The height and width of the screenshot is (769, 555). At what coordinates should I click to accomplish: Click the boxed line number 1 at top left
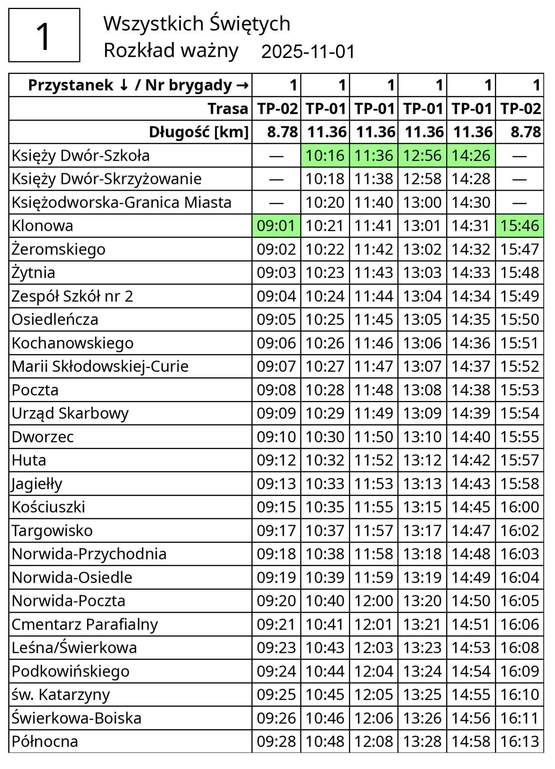tap(44, 35)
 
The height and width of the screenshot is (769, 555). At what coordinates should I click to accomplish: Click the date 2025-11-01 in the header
tap(308, 51)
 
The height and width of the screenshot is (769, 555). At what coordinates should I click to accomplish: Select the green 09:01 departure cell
tap(276, 226)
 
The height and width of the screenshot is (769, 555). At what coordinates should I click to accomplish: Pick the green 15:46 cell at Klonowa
tap(520, 226)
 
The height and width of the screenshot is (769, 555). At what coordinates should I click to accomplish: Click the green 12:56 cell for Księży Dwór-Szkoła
tap(422, 155)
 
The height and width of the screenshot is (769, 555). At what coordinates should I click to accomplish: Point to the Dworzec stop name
tap(42, 437)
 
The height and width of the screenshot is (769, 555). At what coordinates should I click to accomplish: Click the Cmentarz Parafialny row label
tap(84, 624)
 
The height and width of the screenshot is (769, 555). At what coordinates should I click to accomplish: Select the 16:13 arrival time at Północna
tap(520, 742)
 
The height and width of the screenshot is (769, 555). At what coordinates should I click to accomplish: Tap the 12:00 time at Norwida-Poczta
tap(374, 601)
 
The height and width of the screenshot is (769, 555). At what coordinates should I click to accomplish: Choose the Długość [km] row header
tap(199, 132)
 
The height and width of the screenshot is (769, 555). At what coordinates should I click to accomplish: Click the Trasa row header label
tap(228, 109)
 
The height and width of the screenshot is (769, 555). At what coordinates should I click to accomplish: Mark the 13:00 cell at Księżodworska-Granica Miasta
tap(422, 202)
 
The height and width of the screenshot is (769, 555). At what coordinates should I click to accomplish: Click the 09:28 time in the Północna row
tap(276, 742)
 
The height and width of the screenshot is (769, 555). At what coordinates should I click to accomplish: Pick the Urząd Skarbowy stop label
tap(70, 413)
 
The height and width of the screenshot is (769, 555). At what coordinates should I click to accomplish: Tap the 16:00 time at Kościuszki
tap(520, 507)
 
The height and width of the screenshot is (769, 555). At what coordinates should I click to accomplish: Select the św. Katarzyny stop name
tap(60, 695)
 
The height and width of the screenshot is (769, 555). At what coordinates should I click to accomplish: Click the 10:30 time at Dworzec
tap(325, 437)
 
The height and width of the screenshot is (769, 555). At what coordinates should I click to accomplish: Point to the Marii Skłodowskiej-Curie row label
tap(100, 366)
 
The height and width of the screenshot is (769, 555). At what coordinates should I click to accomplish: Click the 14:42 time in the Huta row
tap(471, 460)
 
